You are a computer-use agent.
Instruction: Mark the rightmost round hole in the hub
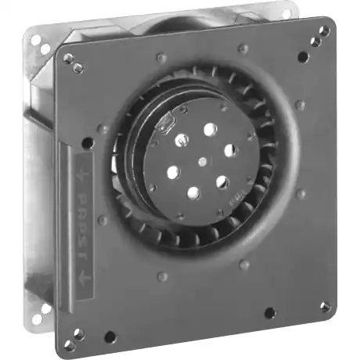[x=230, y=149]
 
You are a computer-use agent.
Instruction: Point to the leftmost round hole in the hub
[x=173, y=169]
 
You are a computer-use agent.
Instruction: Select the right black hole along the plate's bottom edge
[x=271, y=313]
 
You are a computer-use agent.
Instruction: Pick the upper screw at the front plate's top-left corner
[x=68, y=58]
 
